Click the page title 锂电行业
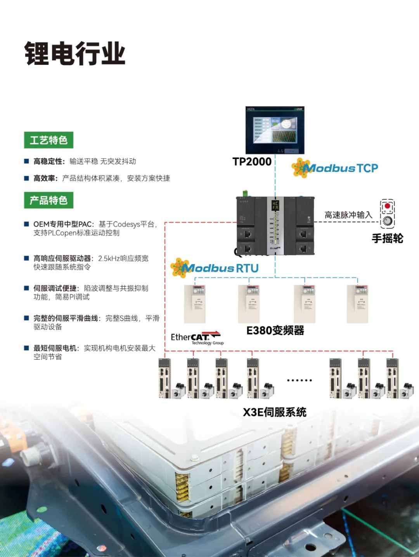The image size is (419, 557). [75, 54]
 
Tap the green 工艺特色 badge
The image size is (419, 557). [48, 140]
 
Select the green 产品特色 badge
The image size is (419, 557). [48, 200]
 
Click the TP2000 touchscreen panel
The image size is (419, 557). [275, 130]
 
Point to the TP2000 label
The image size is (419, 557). [252, 162]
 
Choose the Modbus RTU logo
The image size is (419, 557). [215, 268]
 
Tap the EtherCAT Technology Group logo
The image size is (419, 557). [196, 338]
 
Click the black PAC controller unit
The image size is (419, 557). [275, 225]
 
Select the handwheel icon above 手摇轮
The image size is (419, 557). [387, 213]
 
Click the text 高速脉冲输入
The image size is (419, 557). [348, 215]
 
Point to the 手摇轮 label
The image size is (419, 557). [387, 238]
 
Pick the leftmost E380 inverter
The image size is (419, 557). [195, 304]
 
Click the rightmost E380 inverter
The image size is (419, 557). [357, 304]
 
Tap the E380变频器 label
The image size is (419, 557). [275, 330]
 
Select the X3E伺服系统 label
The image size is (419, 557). [275, 412]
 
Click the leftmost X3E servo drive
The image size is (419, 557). [164, 378]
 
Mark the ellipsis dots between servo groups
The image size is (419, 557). [299, 380]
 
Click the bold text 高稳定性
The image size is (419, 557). [48, 161]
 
